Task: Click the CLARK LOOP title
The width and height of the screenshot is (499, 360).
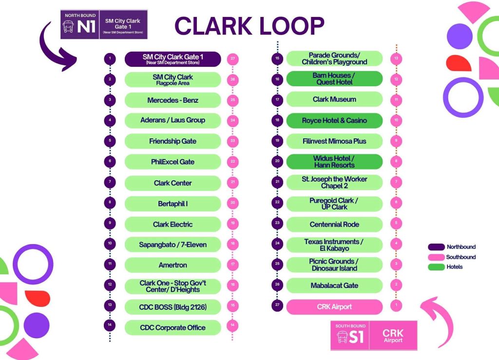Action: (249, 26)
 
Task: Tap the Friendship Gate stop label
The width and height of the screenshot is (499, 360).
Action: (173, 141)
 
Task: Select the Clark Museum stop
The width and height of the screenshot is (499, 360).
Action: (334, 99)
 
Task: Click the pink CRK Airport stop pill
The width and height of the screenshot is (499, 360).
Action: (334, 307)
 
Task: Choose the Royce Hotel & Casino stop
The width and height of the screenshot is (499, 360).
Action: (334, 120)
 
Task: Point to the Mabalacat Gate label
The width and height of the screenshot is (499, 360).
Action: (334, 285)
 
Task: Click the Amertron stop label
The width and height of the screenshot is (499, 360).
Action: (173, 265)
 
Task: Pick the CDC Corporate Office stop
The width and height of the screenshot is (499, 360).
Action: (173, 327)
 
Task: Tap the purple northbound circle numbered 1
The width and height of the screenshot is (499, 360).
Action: (110, 58)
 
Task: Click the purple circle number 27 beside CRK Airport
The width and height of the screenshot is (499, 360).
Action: (277, 305)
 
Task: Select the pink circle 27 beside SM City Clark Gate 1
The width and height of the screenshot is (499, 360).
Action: (232, 58)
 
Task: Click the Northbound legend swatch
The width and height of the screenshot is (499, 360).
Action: (436, 247)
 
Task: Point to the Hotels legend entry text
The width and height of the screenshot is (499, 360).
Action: (455, 267)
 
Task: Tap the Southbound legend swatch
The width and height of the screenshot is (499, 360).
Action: (436, 257)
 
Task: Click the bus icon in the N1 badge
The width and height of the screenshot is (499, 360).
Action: (68, 27)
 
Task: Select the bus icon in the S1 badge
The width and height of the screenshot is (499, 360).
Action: (342, 337)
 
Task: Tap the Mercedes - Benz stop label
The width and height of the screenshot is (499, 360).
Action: (173, 100)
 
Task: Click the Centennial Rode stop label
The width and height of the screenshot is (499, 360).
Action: (334, 225)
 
